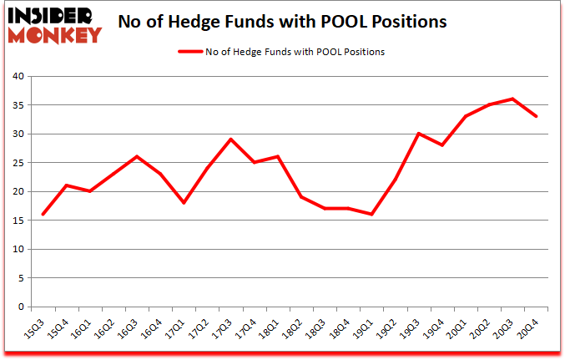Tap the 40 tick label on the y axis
point(18,76)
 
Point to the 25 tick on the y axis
point(18,163)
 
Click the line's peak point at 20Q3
point(512,99)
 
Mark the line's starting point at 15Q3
point(43,215)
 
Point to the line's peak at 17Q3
point(230,139)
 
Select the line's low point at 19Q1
point(371,215)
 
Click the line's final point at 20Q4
point(536,116)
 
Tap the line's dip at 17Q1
point(184,203)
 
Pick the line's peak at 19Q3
point(418,134)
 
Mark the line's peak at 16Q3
point(137,157)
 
